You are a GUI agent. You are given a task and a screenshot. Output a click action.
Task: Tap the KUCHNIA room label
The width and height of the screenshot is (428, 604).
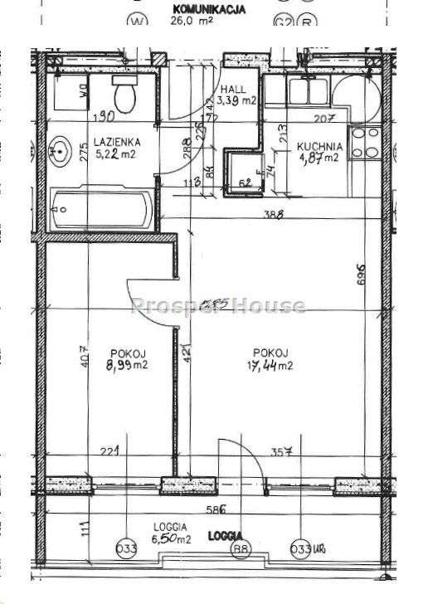(x=319, y=146)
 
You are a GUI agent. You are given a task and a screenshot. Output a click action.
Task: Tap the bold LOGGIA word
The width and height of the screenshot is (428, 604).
(x=226, y=535)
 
